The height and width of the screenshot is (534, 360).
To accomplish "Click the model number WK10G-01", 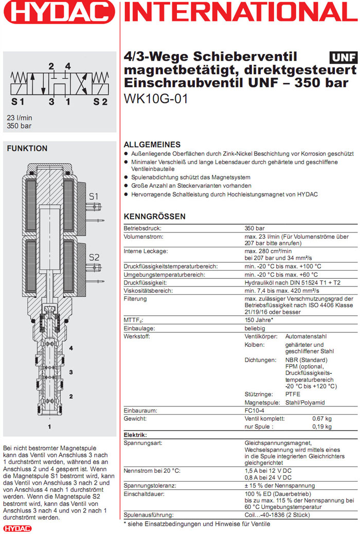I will (x=156, y=98).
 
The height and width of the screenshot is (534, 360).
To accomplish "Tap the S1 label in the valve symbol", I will (x=18, y=101).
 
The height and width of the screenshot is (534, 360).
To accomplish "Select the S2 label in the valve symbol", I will (x=100, y=101).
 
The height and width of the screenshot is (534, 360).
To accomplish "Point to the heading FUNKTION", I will (x=27, y=149).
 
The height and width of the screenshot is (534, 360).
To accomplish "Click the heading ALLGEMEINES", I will (x=152, y=145).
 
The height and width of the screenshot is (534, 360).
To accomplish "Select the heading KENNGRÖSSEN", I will (x=155, y=217).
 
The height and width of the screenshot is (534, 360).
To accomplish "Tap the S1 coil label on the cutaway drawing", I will (x=94, y=196).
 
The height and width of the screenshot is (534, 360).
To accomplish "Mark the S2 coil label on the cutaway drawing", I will (x=94, y=257).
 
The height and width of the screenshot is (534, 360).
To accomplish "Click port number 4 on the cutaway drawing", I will (x=71, y=348).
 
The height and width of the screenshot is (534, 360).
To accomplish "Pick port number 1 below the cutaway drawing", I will (x=50, y=426).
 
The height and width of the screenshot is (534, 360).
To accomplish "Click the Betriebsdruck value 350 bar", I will (x=256, y=228).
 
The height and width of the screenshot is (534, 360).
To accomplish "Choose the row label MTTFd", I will (x=134, y=320).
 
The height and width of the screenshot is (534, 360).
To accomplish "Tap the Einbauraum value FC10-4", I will (x=256, y=411).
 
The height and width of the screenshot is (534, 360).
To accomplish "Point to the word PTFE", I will (x=293, y=394).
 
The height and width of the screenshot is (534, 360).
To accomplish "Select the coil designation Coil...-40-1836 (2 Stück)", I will (x=284, y=515).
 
